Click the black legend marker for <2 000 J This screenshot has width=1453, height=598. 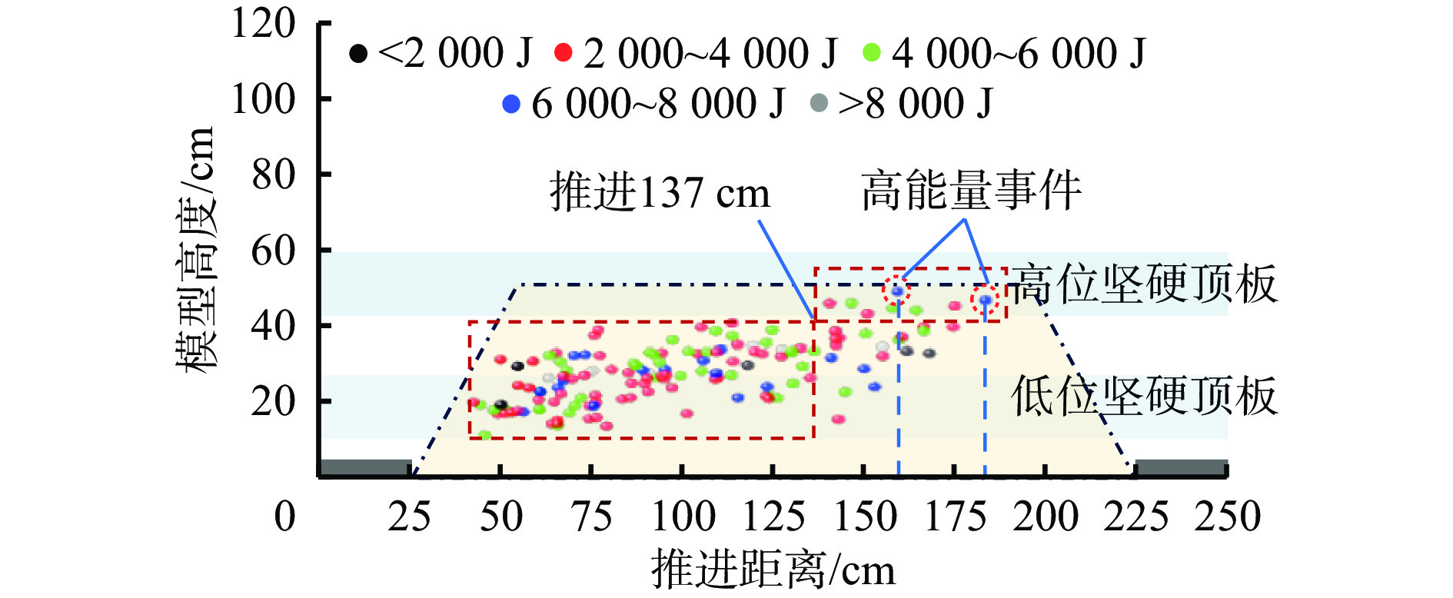[358, 53]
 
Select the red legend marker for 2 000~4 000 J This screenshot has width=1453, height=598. [564, 53]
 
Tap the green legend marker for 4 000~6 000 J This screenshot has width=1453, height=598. [872, 53]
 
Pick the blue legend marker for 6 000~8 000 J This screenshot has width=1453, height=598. [511, 104]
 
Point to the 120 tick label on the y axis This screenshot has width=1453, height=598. [263, 24]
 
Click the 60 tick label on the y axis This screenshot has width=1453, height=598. [273, 251]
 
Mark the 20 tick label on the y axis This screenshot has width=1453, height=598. [273, 401]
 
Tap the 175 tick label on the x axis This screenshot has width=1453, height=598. [955, 517]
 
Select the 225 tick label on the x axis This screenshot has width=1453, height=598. [1135, 517]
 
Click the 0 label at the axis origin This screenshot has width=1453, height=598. [284, 517]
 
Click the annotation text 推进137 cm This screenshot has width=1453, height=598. [660, 192]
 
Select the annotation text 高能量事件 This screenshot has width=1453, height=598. [971, 191]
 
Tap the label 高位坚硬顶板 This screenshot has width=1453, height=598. [1144, 284]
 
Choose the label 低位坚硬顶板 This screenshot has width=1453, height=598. [1144, 397]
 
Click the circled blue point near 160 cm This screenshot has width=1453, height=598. [896, 291]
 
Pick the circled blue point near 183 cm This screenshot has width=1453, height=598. [985, 300]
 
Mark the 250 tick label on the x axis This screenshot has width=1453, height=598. [1227, 517]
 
